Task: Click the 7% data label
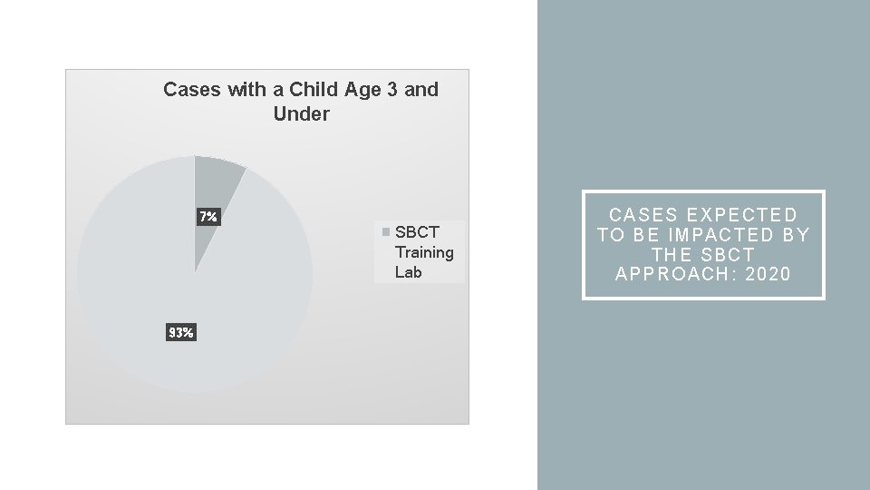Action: click(x=208, y=217)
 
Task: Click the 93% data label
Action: click(x=180, y=333)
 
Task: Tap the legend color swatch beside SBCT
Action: click(x=387, y=232)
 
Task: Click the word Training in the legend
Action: click(x=424, y=252)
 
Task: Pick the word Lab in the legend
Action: click(x=408, y=272)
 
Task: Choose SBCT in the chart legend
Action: click(x=417, y=232)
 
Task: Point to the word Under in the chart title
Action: click(x=301, y=114)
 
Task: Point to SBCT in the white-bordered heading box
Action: click(x=728, y=255)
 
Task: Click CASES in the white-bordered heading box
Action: click(x=644, y=215)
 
